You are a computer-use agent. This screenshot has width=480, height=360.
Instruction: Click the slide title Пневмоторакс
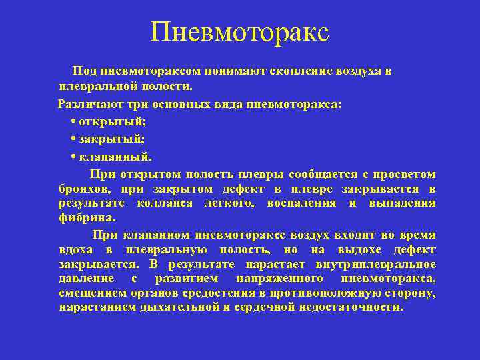click(240, 32)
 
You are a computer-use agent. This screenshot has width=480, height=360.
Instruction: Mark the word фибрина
click(87, 218)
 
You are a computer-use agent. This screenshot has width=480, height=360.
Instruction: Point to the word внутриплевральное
click(381, 264)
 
